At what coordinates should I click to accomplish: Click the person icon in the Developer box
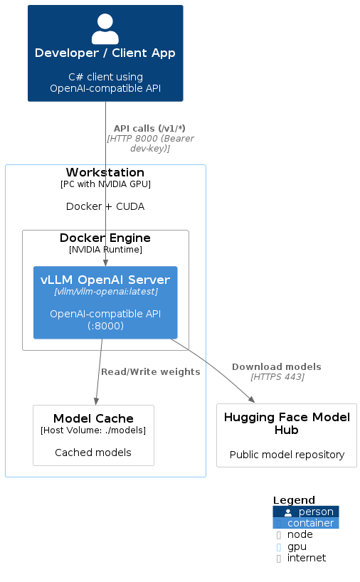(x=105, y=29)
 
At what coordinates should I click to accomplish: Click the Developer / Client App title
(x=105, y=53)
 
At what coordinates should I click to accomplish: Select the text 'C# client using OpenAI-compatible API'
(x=105, y=83)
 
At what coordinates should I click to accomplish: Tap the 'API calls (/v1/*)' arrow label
(x=149, y=129)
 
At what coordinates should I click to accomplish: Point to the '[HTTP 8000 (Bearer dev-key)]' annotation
(x=150, y=144)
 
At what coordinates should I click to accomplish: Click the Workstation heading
(x=105, y=173)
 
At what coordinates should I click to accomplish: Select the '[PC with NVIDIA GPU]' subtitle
(x=105, y=184)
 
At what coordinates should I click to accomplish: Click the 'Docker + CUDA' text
(x=105, y=206)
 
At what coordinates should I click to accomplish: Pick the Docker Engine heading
(x=105, y=238)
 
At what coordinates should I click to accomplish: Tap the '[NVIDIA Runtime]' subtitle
(x=105, y=250)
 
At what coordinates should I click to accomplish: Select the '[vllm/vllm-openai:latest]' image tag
(x=105, y=292)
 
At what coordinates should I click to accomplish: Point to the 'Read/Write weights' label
(x=150, y=371)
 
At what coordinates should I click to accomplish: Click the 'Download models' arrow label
(x=276, y=366)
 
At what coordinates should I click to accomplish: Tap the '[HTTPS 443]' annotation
(x=277, y=377)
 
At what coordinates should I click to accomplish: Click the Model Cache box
(x=93, y=435)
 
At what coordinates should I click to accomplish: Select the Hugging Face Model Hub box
(x=286, y=435)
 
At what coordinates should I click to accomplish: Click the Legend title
(x=294, y=500)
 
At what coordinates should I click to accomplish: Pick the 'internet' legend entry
(x=306, y=558)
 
